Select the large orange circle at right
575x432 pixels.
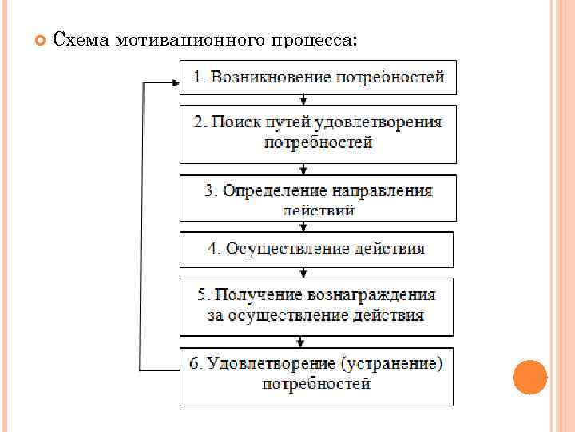529,377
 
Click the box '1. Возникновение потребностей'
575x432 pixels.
318,78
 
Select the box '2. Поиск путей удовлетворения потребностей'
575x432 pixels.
318,134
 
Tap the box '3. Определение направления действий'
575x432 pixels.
318,198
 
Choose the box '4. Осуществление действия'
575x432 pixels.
316,249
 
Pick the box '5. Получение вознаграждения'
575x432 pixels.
316,306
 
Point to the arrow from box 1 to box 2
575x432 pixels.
303,100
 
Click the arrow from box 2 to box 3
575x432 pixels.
303,168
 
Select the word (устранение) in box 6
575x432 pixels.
391,363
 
